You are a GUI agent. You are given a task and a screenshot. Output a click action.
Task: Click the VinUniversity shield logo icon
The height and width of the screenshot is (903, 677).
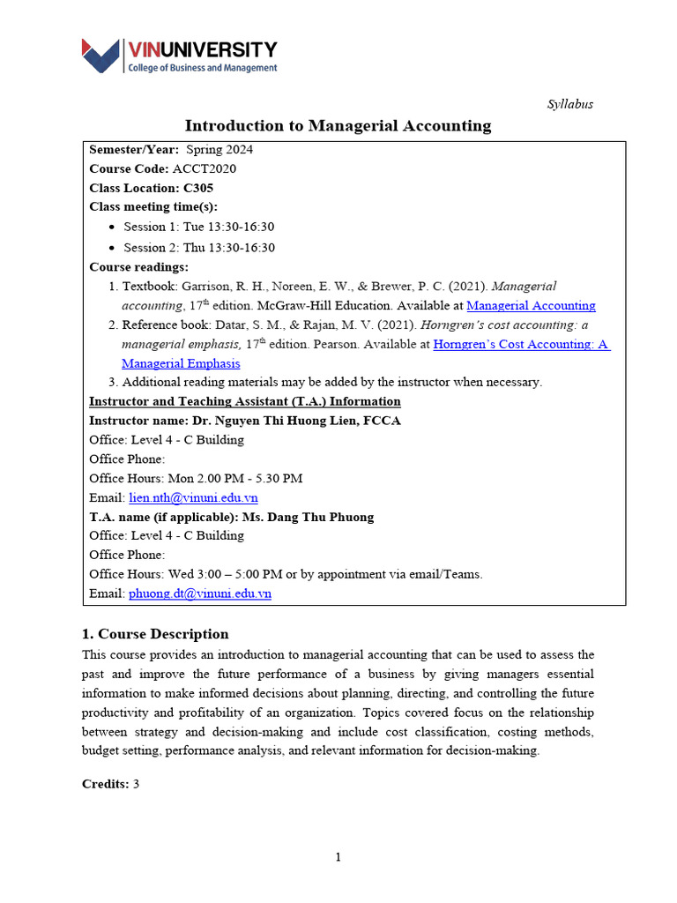point(100,56)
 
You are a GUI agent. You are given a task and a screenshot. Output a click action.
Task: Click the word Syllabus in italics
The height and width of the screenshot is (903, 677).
point(570,104)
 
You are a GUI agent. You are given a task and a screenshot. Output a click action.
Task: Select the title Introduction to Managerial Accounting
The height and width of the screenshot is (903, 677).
point(338,126)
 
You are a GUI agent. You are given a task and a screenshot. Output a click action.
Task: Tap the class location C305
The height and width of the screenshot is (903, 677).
point(198,188)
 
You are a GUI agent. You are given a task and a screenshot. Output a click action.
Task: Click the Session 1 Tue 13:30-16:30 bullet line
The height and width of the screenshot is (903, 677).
point(198,227)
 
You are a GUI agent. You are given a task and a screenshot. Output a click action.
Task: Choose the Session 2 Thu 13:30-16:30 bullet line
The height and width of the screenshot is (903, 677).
point(198,248)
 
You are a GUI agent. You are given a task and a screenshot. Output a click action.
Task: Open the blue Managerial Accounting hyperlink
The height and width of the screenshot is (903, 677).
point(531,306)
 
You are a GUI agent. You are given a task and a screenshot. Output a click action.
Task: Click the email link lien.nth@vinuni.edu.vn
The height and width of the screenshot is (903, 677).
point(193,497)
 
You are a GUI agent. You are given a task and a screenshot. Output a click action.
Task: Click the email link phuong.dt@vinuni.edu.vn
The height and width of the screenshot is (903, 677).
point(200,593)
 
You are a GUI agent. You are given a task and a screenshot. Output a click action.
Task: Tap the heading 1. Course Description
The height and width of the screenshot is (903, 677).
point(155,634)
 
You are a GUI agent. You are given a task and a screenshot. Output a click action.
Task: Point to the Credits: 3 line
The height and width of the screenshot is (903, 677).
point(111,784)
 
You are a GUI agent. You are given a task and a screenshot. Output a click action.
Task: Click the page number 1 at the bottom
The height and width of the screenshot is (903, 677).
point(338,857)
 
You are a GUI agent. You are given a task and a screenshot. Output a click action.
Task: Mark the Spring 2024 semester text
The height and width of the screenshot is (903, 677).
point(219,149)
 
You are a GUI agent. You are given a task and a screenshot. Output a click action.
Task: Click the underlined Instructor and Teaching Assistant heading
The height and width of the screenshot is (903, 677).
point(245,401)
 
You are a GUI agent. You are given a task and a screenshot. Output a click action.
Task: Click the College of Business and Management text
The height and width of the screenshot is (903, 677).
point(203,68)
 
